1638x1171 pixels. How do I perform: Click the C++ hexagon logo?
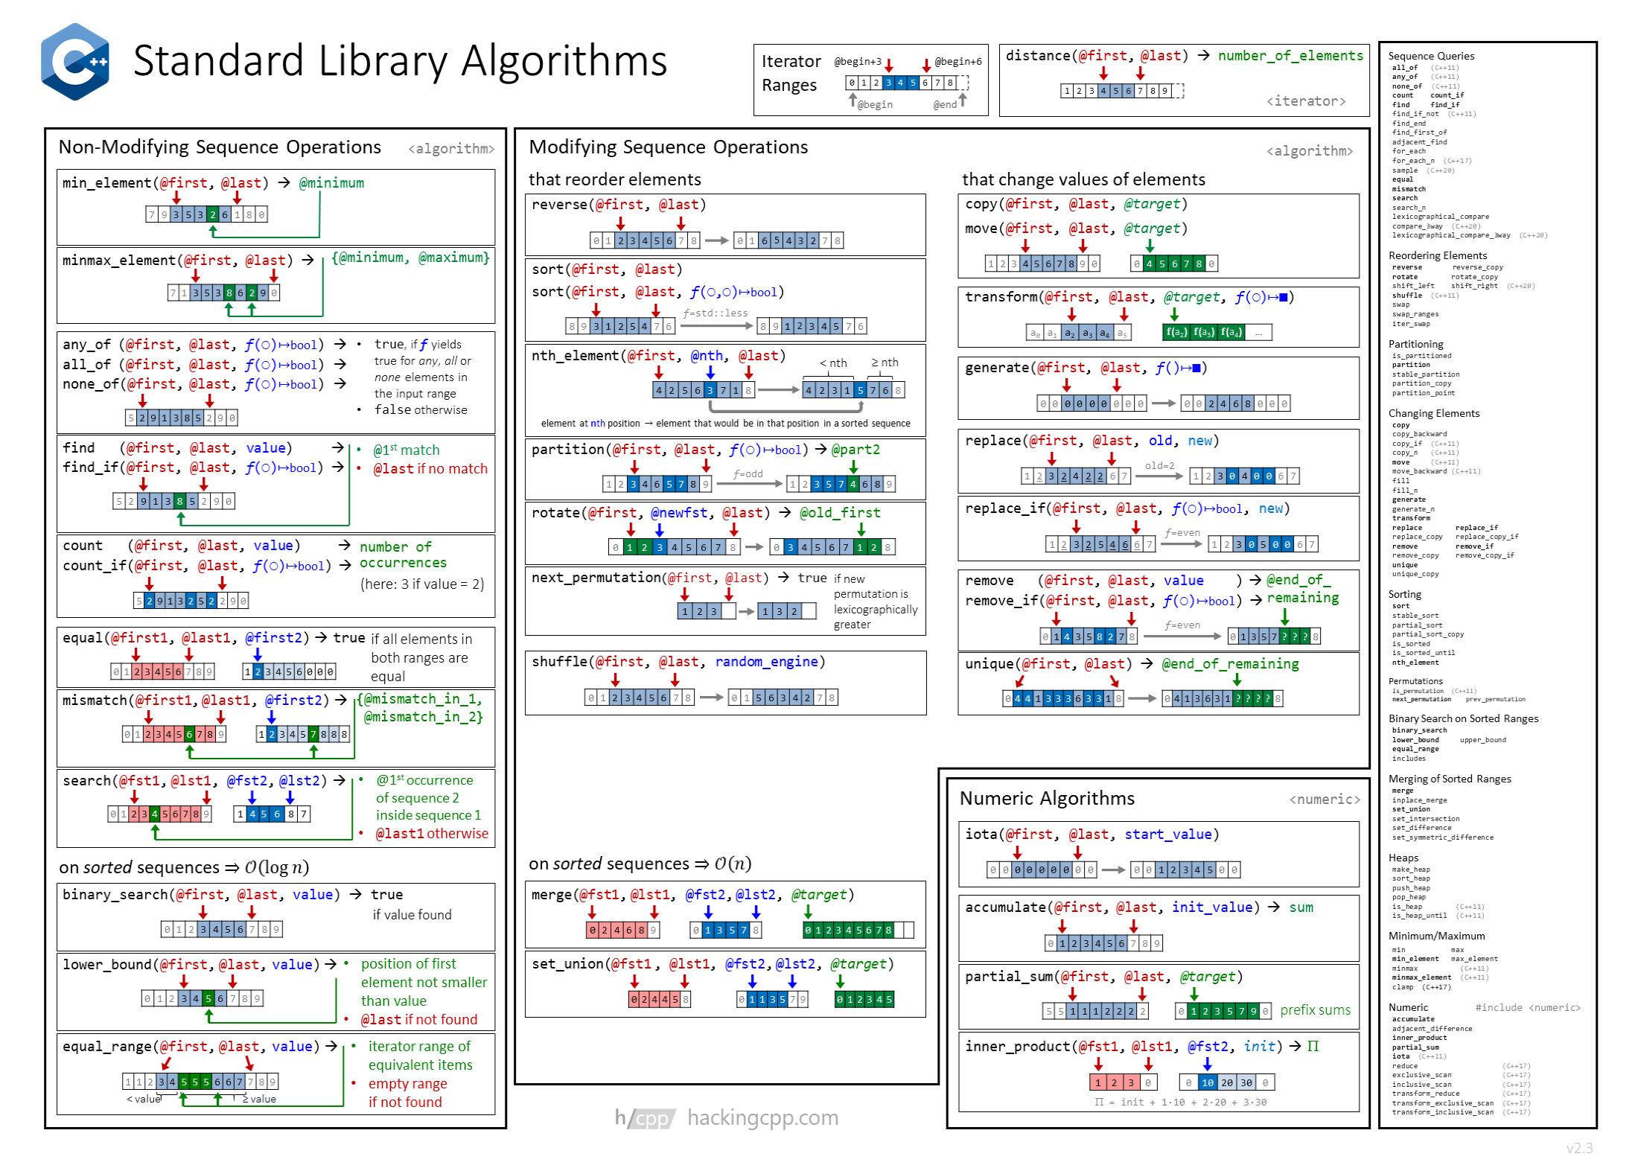tap(75, 62)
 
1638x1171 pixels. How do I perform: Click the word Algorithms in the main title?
tap(564, 61)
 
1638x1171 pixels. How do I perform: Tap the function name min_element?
tap(106, 183)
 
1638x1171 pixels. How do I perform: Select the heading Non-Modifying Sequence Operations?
tap(220, 147)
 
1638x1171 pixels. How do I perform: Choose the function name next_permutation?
tap(596, 578)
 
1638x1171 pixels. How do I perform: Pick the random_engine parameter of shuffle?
tap(766, 662)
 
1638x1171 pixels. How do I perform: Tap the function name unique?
tap(989, 664)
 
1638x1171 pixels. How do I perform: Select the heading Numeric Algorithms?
tap(1046, 799)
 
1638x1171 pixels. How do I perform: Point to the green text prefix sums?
tap(1315, 1010)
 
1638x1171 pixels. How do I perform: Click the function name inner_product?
tap(1018, 1047)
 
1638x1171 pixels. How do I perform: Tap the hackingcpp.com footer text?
tap(762, 1118)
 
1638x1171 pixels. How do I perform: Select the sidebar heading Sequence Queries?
tap(1430, 56)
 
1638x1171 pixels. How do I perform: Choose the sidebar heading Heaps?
tap(1403, 858)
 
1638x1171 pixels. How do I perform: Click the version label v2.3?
tap(1579, 1148)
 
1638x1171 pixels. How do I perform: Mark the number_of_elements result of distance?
tap(1290, 56)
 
